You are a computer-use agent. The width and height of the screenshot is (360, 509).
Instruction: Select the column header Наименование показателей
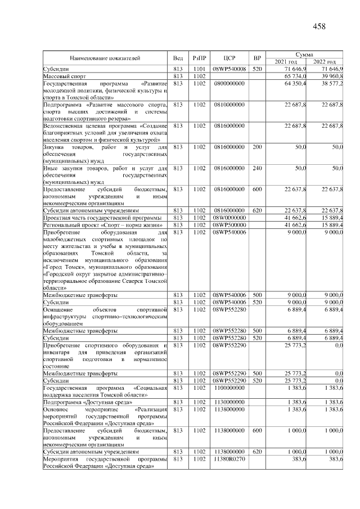tap(105, 58)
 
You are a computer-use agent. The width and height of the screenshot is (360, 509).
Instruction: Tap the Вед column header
tap(178, 58)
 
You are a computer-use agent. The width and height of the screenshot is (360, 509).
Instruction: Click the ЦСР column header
tap(229, 58)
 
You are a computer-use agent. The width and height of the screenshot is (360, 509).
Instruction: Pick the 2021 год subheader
tap(286, 61)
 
